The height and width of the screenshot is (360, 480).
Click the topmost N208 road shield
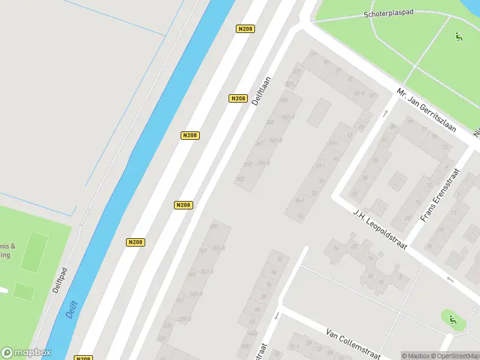coord(245,29)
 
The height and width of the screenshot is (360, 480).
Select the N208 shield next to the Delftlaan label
coord(238,98)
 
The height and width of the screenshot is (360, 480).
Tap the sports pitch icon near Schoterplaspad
coord(459,37)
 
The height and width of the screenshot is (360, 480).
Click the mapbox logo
coord(26,353)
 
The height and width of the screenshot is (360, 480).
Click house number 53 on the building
coord(301,215)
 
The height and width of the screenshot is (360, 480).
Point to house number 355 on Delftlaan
coord(241,179)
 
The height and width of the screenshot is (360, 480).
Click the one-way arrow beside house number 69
coord(385,114)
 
